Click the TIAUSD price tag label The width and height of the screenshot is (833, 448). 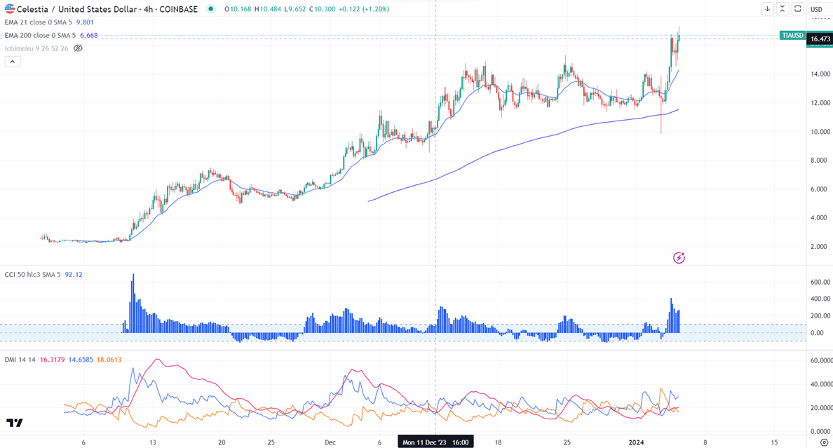coord(792,35)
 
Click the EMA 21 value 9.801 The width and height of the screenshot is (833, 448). coord(85,22)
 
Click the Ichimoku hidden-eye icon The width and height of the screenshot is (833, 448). coord(79,48)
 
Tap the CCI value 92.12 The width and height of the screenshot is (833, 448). coord(74,275)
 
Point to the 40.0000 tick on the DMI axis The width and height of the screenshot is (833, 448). coord(820,384)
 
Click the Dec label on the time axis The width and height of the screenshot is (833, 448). coord(330,442)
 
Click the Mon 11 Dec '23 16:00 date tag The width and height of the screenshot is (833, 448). coord(435,442)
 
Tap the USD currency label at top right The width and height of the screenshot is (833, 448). coord(817,9)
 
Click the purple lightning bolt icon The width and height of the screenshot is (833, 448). coord(679,258)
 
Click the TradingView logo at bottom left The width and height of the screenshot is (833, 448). coord(15,423)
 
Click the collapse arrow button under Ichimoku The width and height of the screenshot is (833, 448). coord(13,62)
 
